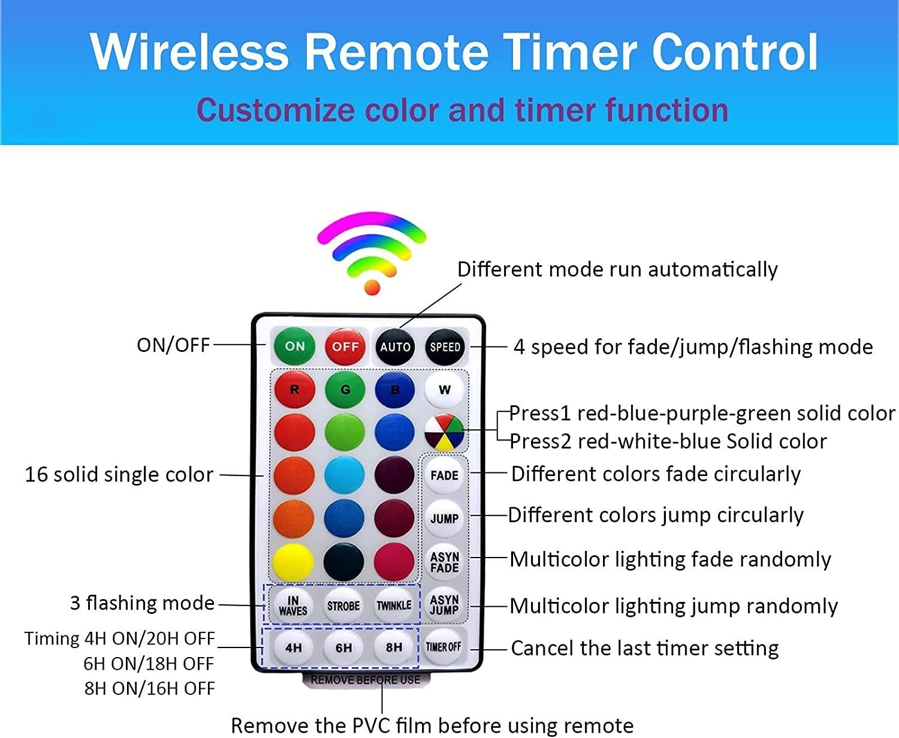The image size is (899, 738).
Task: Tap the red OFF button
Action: (345, 346)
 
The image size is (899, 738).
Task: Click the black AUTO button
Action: (395, 347)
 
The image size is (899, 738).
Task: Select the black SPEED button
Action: (445, 347)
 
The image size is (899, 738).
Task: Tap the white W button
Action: (444, 390)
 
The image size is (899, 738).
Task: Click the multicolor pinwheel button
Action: (444, 432)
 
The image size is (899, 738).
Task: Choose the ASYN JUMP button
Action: (444, 604)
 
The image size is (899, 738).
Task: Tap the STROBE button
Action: (343, 606)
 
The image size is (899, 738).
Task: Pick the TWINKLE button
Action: (394, 605)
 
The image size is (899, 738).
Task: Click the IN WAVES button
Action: (293, 606)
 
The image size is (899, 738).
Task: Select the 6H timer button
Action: (343, 647)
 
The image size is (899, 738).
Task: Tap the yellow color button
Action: (293, 562)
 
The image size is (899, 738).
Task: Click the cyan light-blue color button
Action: (345, 475)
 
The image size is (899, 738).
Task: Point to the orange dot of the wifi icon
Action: (372, 287)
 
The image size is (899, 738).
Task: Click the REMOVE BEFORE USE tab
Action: (366, 680)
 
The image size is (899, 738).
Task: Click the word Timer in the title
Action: (569, 52)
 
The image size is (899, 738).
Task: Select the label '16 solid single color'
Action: (119, 475)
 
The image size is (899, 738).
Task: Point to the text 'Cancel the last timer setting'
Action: (644, 648)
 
